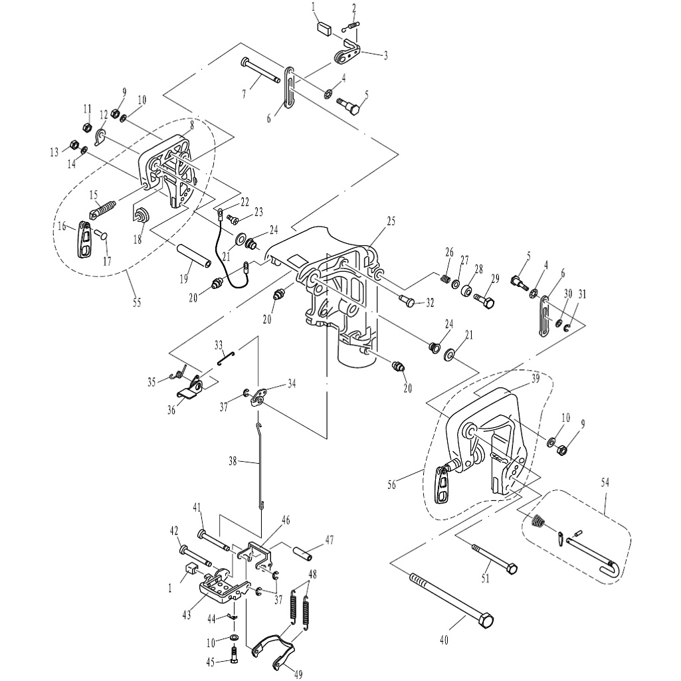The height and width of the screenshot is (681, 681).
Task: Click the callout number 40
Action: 444,640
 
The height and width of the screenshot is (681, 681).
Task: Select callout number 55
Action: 137,303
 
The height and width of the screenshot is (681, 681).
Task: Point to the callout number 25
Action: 391,221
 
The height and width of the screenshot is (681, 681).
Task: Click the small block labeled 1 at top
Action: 326,29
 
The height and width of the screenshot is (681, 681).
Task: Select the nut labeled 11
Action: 86,128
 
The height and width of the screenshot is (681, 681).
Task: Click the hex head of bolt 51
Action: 511,569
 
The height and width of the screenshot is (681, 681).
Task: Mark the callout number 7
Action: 243,94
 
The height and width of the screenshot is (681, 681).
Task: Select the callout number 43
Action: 187,615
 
